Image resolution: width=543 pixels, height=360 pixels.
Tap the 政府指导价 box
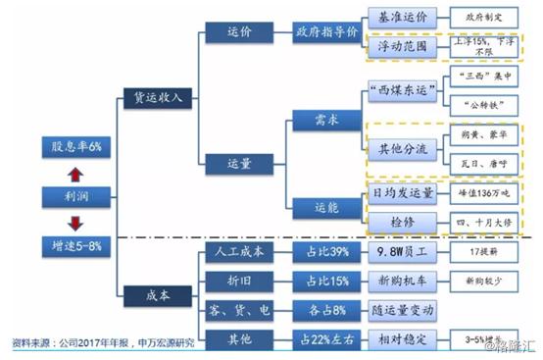324,31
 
